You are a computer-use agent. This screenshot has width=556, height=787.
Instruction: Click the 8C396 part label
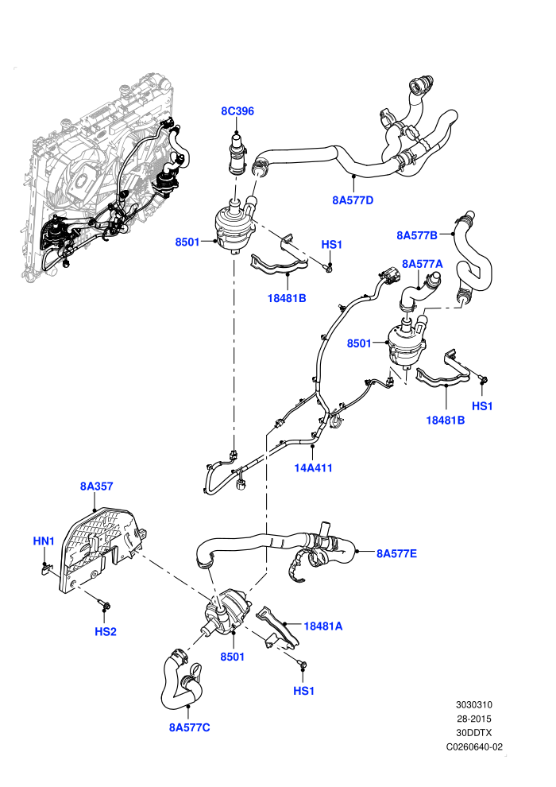coord(237,111)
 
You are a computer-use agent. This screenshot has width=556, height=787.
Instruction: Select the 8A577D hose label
coord(353,200)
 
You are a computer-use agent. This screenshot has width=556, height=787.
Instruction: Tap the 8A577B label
coord(417,235)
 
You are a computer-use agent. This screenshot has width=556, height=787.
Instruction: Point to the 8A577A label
coord(422,263)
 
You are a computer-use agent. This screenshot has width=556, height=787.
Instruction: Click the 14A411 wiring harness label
coord(313,467)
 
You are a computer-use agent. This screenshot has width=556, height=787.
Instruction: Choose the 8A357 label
coord(96,486)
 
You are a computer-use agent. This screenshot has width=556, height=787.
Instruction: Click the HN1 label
coord(44,541)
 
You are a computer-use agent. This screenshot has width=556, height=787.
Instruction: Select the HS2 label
coord(106,631)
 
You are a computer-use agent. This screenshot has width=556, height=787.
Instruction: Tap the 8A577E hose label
coord(396,553)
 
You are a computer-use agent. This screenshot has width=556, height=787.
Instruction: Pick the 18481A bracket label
coord(323,626)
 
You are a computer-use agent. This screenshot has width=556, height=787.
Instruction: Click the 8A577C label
coord(190,727)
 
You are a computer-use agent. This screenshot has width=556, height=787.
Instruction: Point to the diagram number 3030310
coord(473,704)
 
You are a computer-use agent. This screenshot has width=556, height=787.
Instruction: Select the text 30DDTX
coord(473,733)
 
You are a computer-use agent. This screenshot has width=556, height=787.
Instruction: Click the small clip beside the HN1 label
coord(46,568)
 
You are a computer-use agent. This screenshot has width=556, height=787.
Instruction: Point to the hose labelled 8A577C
coord(180,683)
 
